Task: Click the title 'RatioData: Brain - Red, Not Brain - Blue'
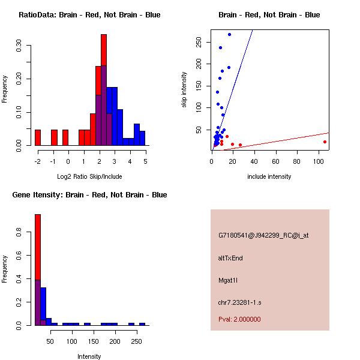[x=89, y=15]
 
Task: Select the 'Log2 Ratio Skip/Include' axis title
[x=89, y=176]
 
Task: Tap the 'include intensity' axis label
[x=269, y=176]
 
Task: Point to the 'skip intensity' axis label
[x=184, y=89]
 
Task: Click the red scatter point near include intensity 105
[x=325, y=142]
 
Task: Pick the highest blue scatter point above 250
[x=229, y=34]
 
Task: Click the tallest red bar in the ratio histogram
[x=104, y=50]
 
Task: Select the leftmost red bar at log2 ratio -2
[x=38, y=137]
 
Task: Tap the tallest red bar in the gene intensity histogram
[x=38, y=247]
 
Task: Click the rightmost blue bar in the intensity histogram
[x=142, y=324]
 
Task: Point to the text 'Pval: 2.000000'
[x=239, y=319]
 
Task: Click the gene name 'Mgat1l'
[x=228, y=280]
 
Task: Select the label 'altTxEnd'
[x=230, y=258]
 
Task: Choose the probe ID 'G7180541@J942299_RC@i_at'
[x=263, y=236]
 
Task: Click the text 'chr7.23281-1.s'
[x=239, y=302]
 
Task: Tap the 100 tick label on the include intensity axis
[x=318, y=161]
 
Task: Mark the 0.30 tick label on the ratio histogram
[x=19, y=46]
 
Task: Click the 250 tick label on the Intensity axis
[x=137, y=341]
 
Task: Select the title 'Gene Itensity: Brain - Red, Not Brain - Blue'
[x=89, y=195]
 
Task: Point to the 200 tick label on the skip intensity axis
[x=199, y=64]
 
